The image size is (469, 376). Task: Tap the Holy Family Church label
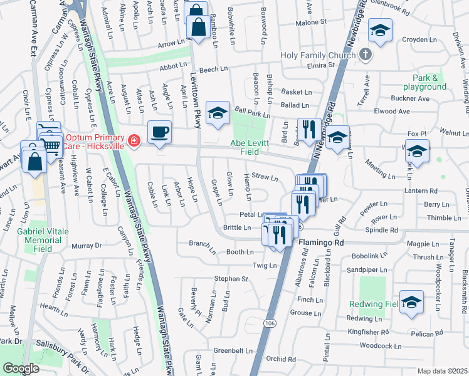click(318, 55)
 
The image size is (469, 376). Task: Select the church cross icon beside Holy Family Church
click(367, 55)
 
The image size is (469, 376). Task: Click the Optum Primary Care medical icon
click(134, 140)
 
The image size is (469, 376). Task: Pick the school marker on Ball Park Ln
click(218, 113)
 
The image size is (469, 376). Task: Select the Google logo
click(21, 368)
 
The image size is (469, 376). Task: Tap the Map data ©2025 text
click(442, 371)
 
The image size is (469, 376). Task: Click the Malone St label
click(312, 22)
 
